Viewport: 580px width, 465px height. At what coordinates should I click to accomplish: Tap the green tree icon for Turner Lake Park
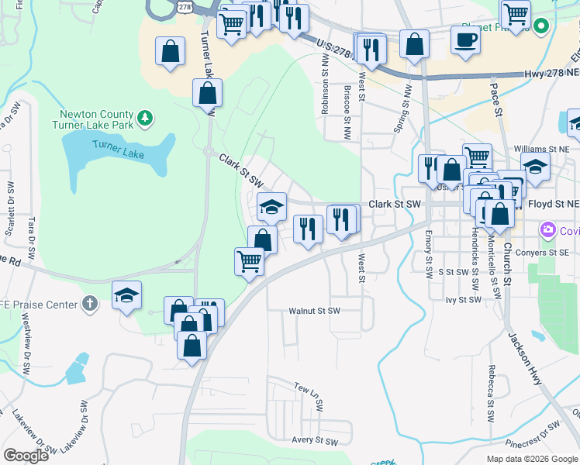145,118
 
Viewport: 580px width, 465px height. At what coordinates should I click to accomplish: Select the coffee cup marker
465,39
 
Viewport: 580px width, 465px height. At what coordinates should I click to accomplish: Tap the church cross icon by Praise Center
90,304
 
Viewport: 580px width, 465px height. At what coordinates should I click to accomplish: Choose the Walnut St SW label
315,311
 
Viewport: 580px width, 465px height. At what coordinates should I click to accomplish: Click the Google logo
26,455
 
